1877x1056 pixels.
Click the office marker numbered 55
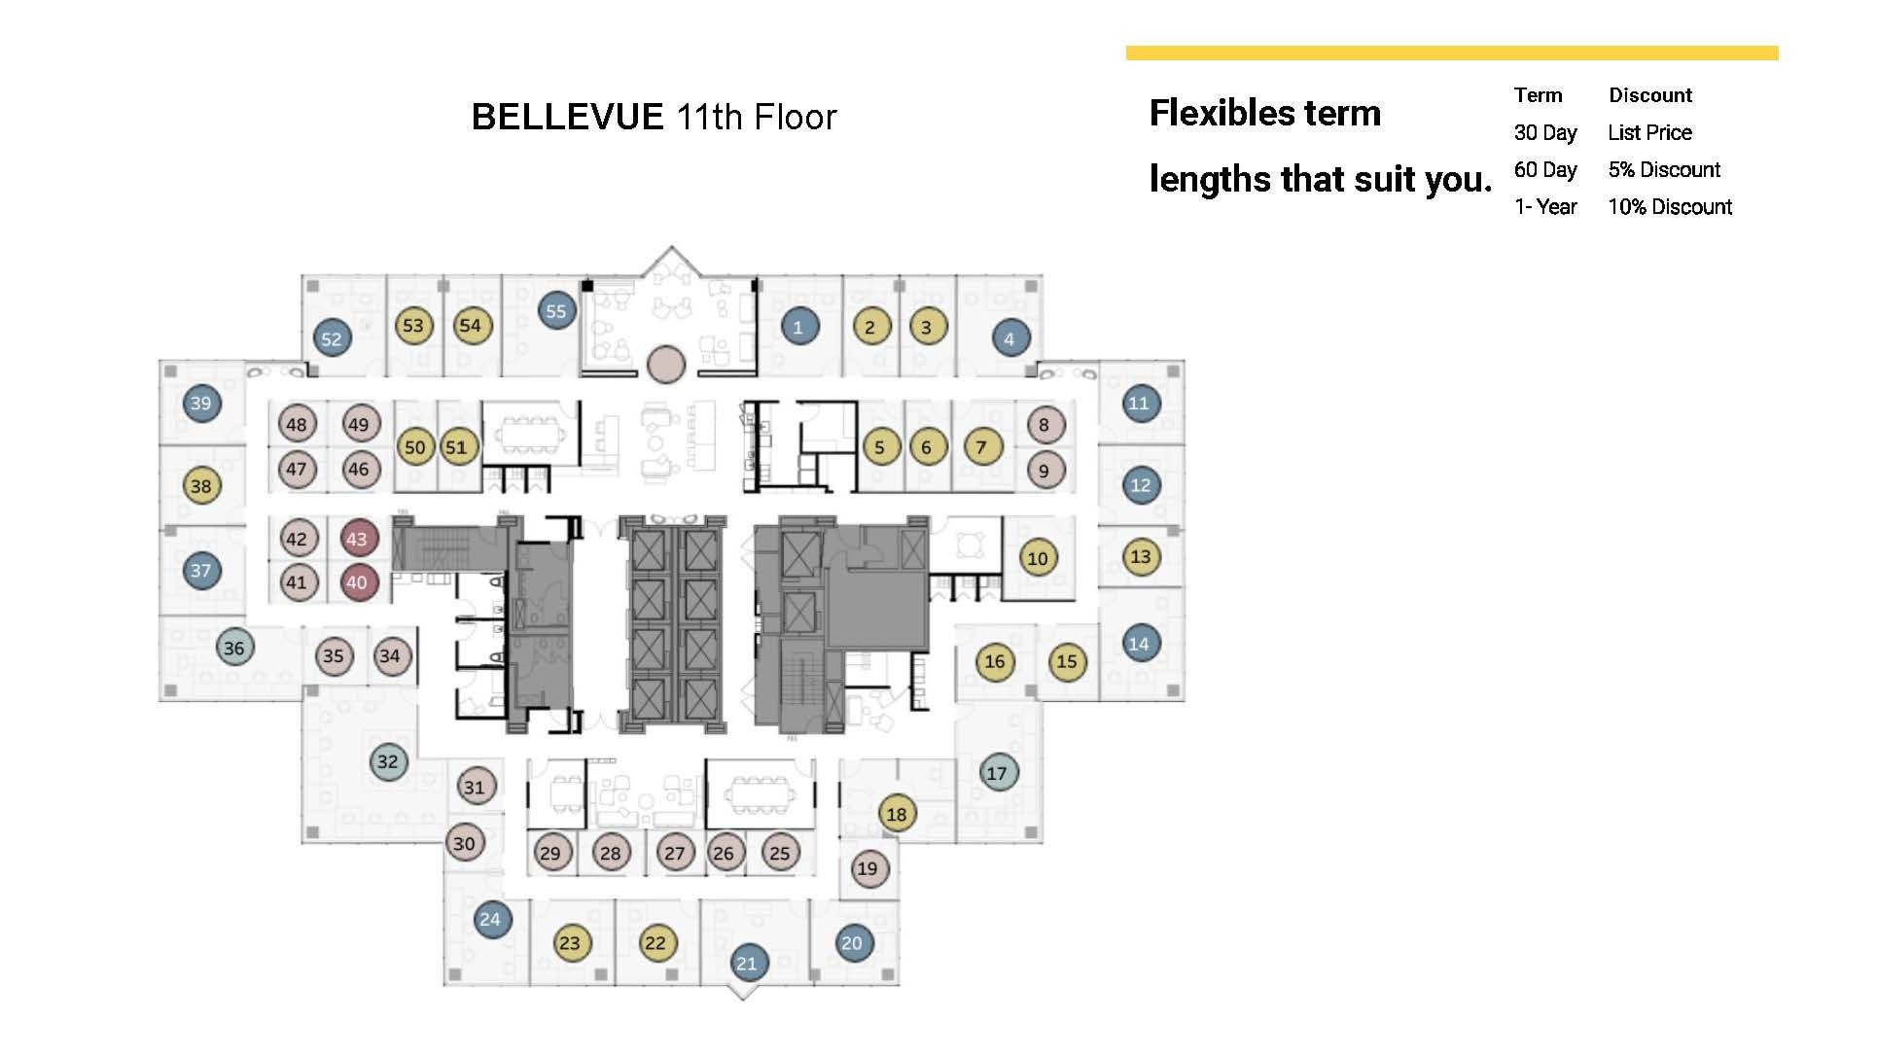click(x=556, y=311)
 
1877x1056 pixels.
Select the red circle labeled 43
click(x=357, y=539)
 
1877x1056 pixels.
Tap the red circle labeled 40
click(x=357, y=582)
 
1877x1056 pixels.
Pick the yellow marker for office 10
click(x=1038, y=558)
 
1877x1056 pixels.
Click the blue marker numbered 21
click(x=747, y=964)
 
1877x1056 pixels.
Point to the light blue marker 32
click(x=388, y=761)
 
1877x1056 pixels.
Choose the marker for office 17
click(x=997, y=773)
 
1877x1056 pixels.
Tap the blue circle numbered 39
click(x=201, y=404)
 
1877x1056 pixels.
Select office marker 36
click(x=234, y=648)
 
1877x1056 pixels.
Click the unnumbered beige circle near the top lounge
click(x=666, y=365)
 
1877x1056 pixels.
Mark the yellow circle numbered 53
click(x=413, y=326)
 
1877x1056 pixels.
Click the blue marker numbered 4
click(x=1009, y=338)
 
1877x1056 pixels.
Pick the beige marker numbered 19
click(x=868, y=868)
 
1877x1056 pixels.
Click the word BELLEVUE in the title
click(x=567, y=118)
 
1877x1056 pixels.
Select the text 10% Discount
click(x=1669, y=207)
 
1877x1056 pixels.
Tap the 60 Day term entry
click(x=1544, y=170)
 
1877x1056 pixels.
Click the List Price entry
click(x=1649, y=133)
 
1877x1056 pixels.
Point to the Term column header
click(x=1538, y=95)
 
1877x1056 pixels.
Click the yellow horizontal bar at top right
click(x=1451, y=53)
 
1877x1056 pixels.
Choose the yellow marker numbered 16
click(x=995, y=662)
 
